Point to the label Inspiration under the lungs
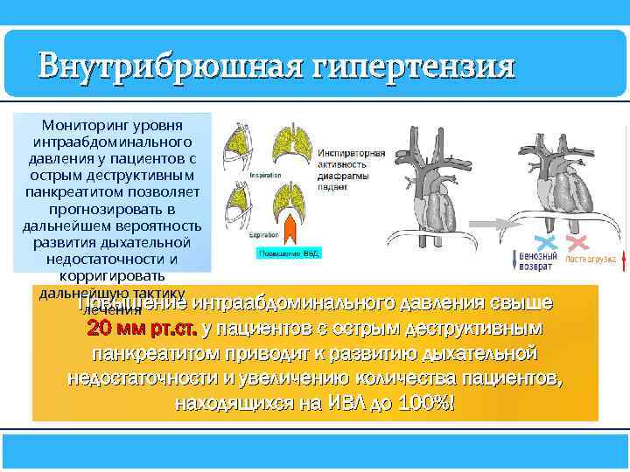[x=265, y=175]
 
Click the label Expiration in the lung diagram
[x=265, y=235]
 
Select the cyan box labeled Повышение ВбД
[x=289, y=253]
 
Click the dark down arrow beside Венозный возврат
[x=513, y=260]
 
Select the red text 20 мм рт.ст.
[x=142, y=330]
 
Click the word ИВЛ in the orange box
[x=355, y=405]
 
